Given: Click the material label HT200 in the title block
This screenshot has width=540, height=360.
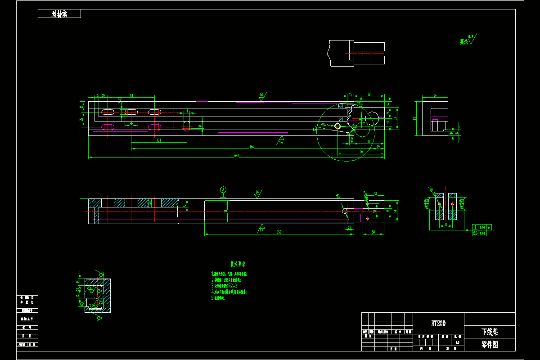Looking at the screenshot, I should point(439,323).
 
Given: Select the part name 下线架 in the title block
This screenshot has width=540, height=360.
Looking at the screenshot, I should point(489,332).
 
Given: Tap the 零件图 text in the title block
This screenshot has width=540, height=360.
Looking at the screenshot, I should point(489,345).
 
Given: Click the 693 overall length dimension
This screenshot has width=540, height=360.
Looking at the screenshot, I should point(236,156).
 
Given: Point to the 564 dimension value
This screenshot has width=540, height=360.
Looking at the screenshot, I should point(252,147).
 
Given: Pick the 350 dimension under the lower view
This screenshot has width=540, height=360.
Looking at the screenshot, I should point(279,232).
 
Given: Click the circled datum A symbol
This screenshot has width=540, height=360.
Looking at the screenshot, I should point(223,189).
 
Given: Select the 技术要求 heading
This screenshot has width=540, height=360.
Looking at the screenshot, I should point(238,264).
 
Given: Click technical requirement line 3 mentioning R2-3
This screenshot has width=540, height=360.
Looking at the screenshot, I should point(225,286).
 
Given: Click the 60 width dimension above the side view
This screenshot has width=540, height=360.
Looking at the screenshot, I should point(435,95).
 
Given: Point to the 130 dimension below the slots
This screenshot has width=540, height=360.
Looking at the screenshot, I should point(159,140).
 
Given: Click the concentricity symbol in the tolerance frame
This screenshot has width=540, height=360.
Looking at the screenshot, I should point(475,234).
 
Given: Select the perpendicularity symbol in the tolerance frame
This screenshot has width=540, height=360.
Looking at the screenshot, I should point(475,227).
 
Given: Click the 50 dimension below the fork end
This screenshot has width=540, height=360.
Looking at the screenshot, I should point(373,232).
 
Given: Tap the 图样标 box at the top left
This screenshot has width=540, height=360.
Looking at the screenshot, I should point(59,14).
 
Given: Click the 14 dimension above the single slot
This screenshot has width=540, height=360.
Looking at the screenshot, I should point(187,111).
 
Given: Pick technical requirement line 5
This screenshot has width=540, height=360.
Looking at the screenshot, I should point(218,298).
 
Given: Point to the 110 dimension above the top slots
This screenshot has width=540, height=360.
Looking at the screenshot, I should point(131,96).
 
